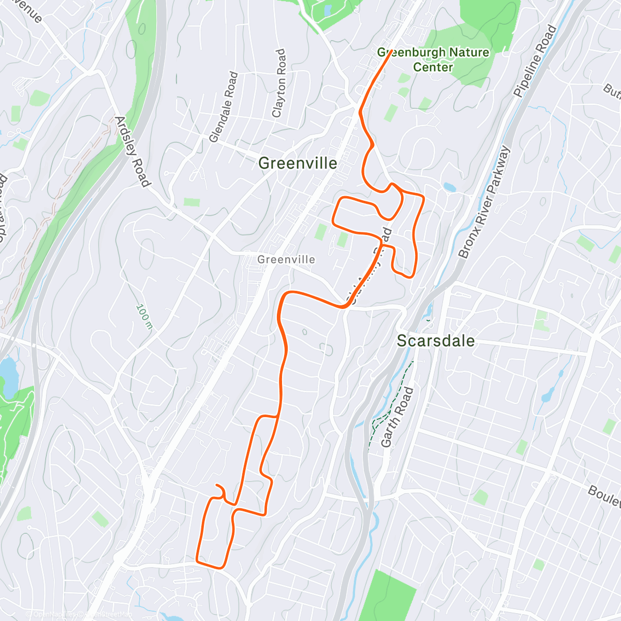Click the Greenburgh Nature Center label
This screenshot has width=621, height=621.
click(x=433, y=60)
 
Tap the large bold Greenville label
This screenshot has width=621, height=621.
click(x=298, y=164)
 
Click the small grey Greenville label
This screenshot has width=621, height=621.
click(x=286, y=259)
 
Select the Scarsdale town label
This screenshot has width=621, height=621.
click(x=436, y=341)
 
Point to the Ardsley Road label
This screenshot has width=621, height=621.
click(x=132, y=151)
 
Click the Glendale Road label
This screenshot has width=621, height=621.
click(x=224, y=107)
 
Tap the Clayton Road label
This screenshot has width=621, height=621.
click(x=278, y=83)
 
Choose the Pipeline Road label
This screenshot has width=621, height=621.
click(x=535, y=61)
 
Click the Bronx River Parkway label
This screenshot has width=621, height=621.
click(x=484, y=202)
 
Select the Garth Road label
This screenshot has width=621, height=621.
click(x=397, y=417)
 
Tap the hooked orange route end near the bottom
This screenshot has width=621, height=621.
click(x=216, y=485)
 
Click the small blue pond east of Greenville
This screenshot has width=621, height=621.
click(x=449, y=187)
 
